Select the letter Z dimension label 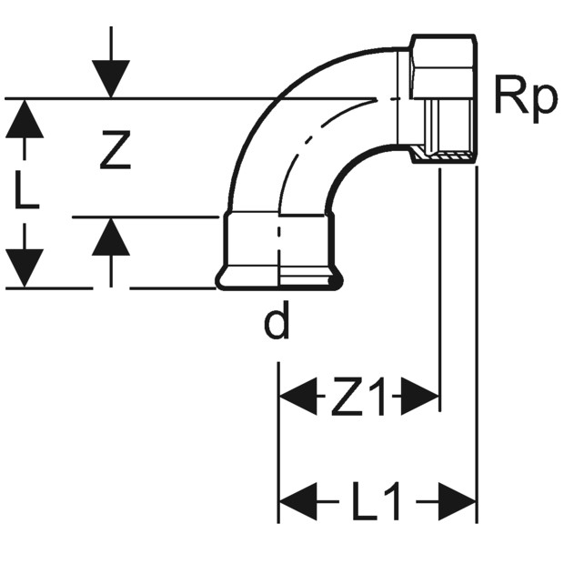tap(116, 150)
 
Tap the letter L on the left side tap(26, 191)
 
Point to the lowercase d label tap(277, 320)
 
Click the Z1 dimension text tap(359, 396)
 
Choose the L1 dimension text tap(377, 501)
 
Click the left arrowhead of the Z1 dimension tap(298, 396)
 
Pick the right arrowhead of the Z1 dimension tap(420, 396)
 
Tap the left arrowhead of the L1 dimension tap(298, 501)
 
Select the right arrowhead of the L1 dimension tap(457, 501)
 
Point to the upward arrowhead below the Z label tap(111, 237)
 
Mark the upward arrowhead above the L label tap(25, 118)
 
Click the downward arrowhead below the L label tap(25, 268)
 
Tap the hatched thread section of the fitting tap(442, 154)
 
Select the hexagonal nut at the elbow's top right tap(444, 66)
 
